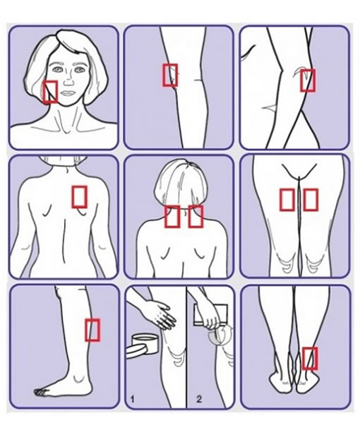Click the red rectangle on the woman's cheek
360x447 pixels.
(50, 92)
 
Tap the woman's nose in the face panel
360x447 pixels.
(68, 81)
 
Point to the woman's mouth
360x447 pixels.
(68, 93)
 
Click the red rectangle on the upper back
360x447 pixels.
(79, 197)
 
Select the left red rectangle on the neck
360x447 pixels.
(172, 217)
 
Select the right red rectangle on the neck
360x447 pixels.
(196, 217)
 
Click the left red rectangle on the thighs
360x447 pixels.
(287, 200)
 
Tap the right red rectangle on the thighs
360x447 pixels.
(311, 200)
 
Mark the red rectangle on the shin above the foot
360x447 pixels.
(92, 330)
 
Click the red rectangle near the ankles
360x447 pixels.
(310, 358)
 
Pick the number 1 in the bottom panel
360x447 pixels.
(132, 399)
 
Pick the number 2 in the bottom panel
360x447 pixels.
(199, 399)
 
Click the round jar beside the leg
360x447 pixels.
(145, 344)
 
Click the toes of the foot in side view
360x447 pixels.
(40, 393)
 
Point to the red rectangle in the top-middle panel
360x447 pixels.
(170, 75)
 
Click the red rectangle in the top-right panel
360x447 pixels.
(308, 81)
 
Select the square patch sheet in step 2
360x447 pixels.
(210, 315)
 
